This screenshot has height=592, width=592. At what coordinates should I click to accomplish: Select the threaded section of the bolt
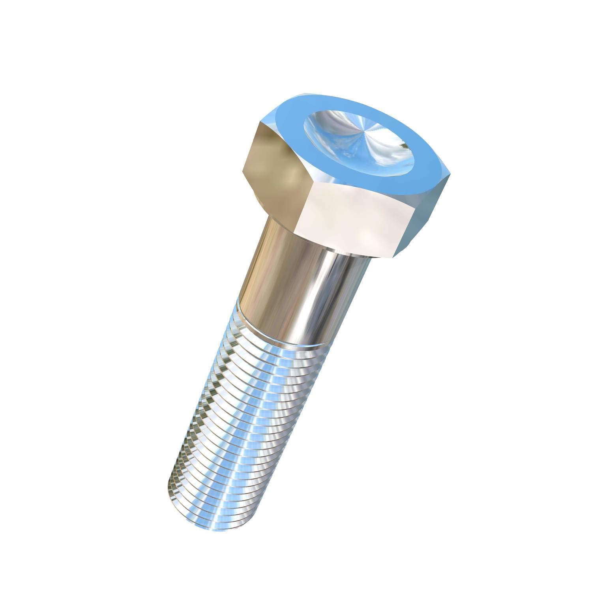pyautogui.click(x=245, y=414)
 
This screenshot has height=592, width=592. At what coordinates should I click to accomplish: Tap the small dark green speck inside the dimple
pyautogui.click(x=403, y=146)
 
